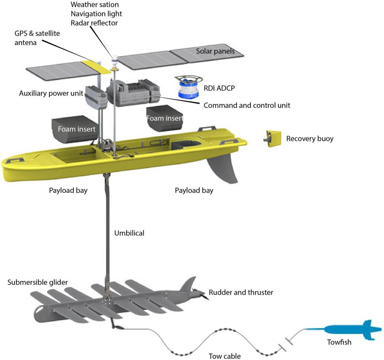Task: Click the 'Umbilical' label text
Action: pyautogui.click(x=129, y=233)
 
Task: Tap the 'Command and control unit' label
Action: pyautogui.click(x=247, y=105)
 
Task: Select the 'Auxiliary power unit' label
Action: pyautogui.click(x=51, y=93)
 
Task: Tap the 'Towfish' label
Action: pyautogui.click(x=339, y=341)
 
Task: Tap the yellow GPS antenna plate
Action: pyautogui.click(x=101, y=67)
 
